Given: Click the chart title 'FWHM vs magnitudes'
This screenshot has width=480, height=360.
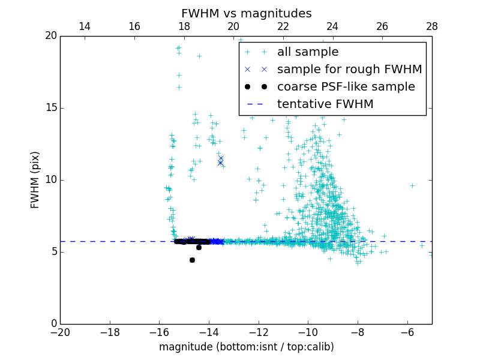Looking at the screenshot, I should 246,13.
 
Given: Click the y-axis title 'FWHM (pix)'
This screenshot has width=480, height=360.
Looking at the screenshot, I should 35,179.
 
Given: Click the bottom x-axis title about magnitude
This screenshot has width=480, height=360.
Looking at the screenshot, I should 246,347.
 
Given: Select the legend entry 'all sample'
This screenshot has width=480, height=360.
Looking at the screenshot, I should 308,52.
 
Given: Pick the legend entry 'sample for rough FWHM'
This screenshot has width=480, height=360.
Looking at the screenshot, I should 349,70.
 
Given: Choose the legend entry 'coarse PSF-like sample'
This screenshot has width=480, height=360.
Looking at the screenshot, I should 346,87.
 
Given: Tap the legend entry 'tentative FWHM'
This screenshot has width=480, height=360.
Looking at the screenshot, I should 325,104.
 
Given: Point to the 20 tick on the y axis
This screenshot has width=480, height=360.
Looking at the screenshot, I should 50,36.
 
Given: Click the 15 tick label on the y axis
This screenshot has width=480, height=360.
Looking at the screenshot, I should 50,108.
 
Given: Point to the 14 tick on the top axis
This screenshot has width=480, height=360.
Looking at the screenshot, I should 85,26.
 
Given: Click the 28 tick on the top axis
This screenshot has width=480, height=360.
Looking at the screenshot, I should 432,26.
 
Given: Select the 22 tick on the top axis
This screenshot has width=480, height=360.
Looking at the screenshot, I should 283,26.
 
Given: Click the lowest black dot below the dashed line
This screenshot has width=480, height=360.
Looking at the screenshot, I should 192,260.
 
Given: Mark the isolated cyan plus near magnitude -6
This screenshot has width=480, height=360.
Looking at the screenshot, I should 412,185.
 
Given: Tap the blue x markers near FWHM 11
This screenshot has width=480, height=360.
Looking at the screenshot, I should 220,161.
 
